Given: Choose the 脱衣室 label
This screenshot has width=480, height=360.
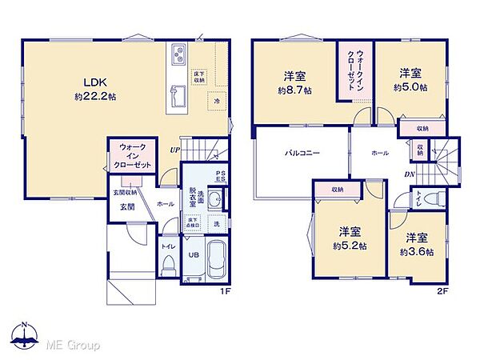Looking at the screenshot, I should click(x=192, y=198).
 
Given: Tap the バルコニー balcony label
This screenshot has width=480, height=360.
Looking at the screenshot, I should click(x=300, y=150).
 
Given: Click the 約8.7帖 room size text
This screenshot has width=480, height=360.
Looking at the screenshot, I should click(x=292, y=91).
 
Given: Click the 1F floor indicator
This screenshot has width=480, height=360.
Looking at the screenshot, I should click(x=226, y=292).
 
